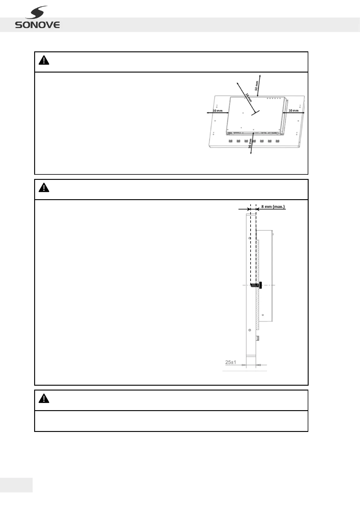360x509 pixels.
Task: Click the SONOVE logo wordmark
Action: coord(37,25)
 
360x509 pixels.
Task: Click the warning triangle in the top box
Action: coord(44,61)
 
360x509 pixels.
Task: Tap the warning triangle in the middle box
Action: coord(44,188)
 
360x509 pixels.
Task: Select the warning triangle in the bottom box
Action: coord(44,399)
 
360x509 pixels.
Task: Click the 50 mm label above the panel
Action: coord(257,86)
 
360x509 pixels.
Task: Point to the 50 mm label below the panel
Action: coord(250,143)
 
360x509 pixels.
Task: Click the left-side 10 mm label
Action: coord(217,111)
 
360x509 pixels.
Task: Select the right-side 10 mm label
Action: coord(293,111)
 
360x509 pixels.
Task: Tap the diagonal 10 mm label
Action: coord(248,97)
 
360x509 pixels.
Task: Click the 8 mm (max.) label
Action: coord(273,207)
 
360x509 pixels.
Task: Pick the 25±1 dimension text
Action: coord(231,362)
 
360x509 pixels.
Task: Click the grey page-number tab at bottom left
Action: coord(16,485)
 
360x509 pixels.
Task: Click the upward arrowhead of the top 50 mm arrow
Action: coord(260,75)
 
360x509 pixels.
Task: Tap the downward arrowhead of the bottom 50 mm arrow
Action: coord(251,153)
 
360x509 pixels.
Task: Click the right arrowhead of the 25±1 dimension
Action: coord(257,365)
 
